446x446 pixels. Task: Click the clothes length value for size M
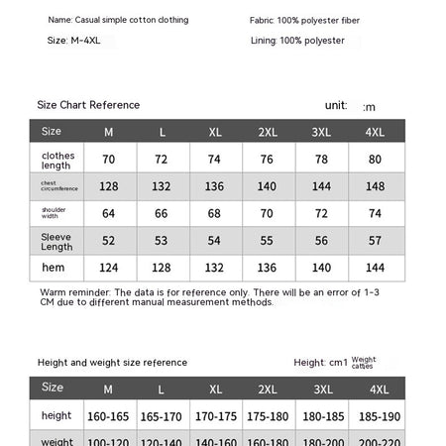[108, 160]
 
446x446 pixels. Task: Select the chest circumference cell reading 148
[375, 186]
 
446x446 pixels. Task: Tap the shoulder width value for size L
[162, 213]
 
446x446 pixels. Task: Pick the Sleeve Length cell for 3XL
[321, 241]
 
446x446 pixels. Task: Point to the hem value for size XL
[214, 268]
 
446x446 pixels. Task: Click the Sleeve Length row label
[56, 241]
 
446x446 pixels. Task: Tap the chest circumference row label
[56, 186]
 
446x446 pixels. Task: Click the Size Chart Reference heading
[88, 105]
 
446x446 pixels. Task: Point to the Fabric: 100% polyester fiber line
[305, 20]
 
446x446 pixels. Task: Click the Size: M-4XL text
[74, 41]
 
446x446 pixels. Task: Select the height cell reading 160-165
[108, 416]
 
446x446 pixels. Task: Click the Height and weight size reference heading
[112, 363]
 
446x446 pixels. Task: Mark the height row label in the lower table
[56, 416]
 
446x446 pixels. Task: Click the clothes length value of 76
[267, 160]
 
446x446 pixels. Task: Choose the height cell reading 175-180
[267, 416]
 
